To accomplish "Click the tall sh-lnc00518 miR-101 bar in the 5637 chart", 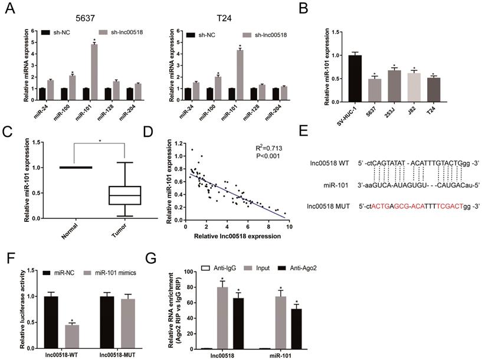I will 93,66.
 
